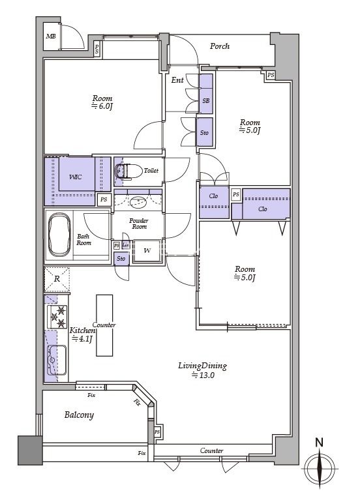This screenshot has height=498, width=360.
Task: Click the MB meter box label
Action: tap(51, 37)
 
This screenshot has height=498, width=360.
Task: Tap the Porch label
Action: tap(220, 46)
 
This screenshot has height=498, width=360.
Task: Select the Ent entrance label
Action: tap(177, 80)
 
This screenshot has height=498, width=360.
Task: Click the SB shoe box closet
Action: tap(206, 94)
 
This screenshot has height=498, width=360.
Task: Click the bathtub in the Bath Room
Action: tap(59, 234)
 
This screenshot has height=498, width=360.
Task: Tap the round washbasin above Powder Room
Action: tap(138, 202)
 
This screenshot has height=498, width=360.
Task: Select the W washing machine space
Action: tap(147, 251)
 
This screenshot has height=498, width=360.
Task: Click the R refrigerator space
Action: tap(57, 279)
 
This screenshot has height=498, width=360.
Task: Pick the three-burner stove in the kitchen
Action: tap(57, 317)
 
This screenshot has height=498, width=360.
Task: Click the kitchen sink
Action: tap(57, 360)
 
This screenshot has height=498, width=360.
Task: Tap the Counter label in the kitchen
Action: tap(104, 325)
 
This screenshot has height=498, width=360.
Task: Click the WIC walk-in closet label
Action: tap(75, 177)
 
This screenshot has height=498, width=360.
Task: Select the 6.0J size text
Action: tap(102, 106)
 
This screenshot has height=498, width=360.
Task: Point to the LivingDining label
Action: tap(202, 366)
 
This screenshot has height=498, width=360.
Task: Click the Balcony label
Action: tap(79, 415)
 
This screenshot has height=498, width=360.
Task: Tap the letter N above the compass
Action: tap(319, 443)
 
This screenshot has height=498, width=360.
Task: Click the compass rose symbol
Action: tap(320, 469)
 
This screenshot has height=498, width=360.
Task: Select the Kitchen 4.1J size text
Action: tap(82, 338)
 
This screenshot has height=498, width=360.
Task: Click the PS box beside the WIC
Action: tap(104, 199)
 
